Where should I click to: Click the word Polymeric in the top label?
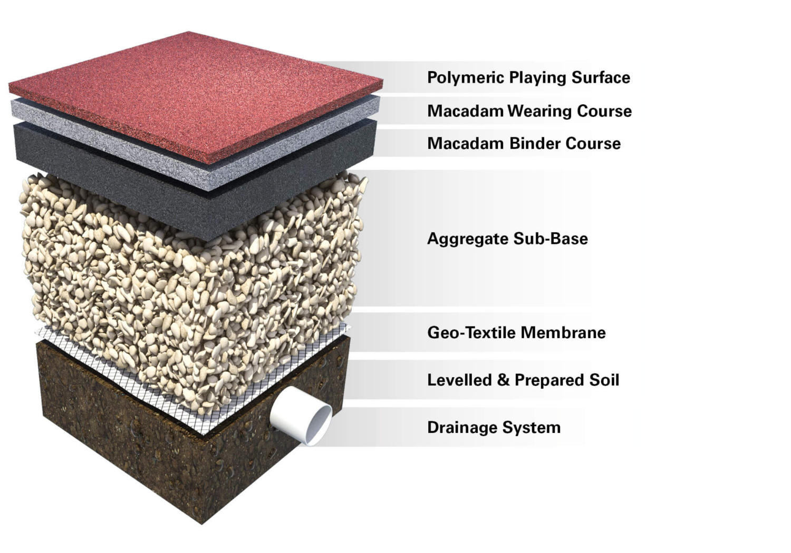coord(466,77)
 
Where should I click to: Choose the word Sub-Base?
coord(551,239)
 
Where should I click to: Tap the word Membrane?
coord(563,332)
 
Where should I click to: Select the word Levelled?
coord(459,380)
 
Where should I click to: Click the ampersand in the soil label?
coord(503,380)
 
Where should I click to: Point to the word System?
coord(532,428)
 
